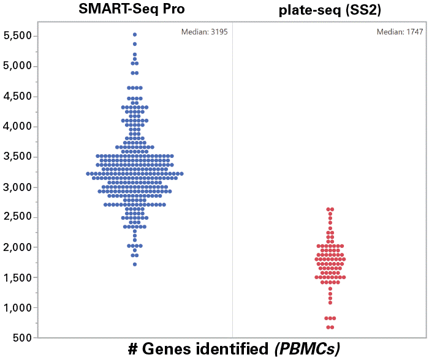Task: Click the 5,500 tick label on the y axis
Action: point(17,36)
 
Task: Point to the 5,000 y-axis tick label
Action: point(17,66)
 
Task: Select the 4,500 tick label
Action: point(17,96)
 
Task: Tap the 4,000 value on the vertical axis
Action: point(17,127)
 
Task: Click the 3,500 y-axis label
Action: point(17,157)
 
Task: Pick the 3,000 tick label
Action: point(17,187)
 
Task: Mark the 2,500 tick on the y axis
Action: point(17,217)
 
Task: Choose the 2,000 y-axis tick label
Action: point(17,247)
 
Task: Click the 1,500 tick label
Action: point(17,277)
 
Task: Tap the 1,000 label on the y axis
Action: point(17,307)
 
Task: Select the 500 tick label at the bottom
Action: point(22,337)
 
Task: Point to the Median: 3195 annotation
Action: point(205,32)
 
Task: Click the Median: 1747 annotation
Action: point(400,32)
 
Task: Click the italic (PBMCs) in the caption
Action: point(306,349)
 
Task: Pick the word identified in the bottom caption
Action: point(232,349)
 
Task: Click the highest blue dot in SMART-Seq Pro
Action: point(135,35)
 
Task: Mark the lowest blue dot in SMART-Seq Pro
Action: point(135,264)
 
